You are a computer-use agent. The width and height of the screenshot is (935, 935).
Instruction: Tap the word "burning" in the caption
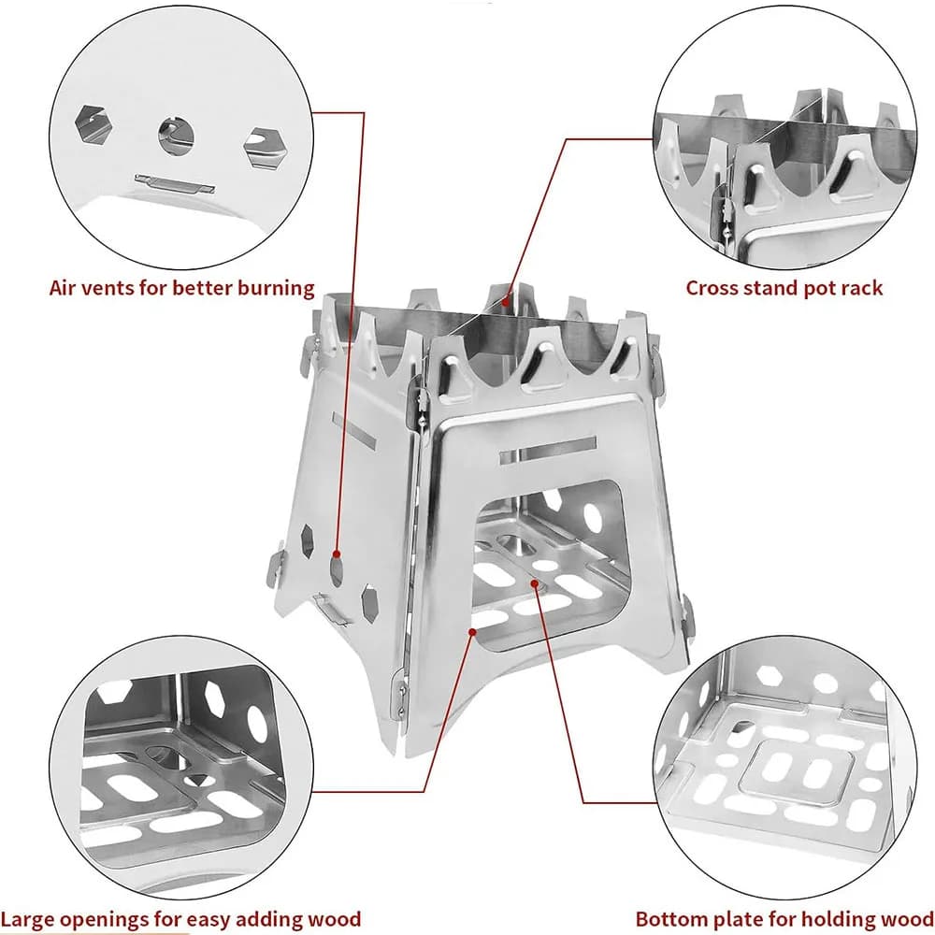point(272,288)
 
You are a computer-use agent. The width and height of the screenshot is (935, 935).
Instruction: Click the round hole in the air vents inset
point(175,137)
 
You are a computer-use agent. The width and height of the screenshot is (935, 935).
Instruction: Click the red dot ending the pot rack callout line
point(505,300)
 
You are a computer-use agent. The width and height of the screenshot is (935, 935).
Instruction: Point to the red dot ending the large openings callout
point(473,633)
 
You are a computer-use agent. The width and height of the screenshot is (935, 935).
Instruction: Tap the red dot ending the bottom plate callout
point(535,583)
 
